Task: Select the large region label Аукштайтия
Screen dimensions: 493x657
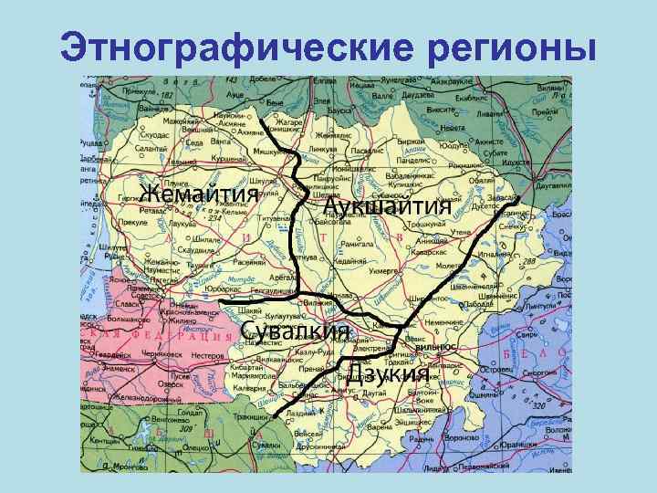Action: pos(388,205)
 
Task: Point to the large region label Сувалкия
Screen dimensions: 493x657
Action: pos(296,330)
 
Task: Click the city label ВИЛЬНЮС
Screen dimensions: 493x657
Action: pos(435,348)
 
